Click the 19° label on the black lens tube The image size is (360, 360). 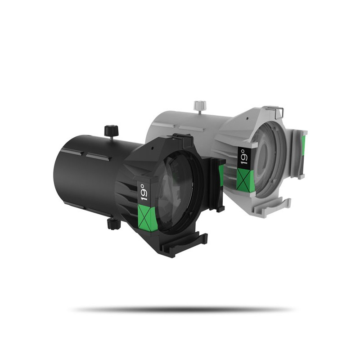pos(144,191)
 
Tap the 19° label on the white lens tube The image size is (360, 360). pos(243,157)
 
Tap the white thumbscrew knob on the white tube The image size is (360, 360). pos(198,106)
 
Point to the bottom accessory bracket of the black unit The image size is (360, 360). pos(189,243)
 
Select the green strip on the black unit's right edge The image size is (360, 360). pos(221,173)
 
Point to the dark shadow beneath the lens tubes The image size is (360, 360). pos(180,309)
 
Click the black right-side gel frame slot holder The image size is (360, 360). pos(218,184)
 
